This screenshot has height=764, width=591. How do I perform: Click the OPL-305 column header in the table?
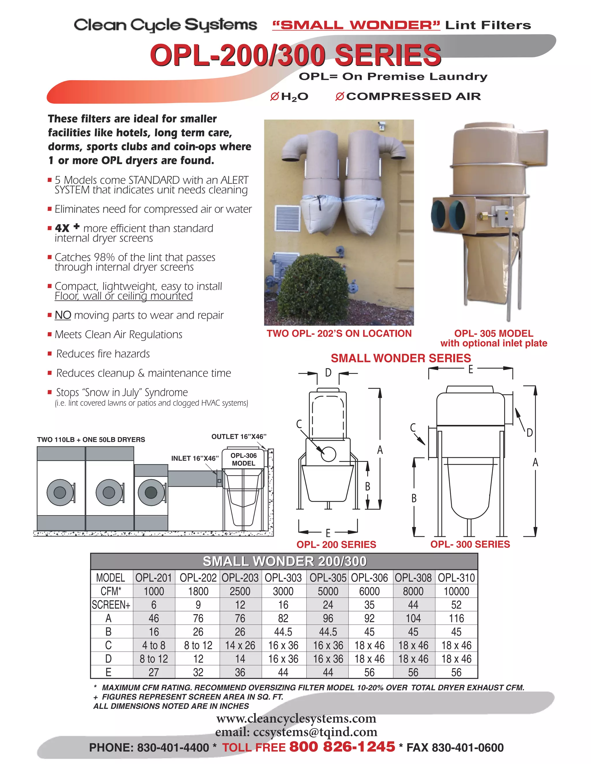pyautogui.click(x=328, y=577)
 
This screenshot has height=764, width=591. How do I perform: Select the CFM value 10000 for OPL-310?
pyautogui.click(x=456, y=591)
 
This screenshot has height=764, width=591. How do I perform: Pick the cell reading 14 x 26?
pyautogui.click(x=240, y=645)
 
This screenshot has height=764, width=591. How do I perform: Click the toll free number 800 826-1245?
pyautogui.click(x=342, y=746)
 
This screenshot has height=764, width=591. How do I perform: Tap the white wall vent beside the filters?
pyautogui.click(x=288, y=219)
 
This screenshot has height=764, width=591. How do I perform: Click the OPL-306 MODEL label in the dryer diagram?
pyautogui.click(x=243, y=459)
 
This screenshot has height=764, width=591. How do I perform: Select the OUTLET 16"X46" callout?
pyautogui.click(x=239, y=436)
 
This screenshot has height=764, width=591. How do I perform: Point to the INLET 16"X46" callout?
pyautogui.click(x=195, y=458)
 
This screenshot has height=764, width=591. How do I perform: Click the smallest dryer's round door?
pyautogui.click(x=151, y=492)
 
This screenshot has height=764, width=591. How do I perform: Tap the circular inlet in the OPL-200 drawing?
pyautogui.click(x=328, y=454)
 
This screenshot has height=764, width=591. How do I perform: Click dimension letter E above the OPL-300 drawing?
pyautogui.click(x=471, y=369)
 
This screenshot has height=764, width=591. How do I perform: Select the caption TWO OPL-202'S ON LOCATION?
pyautogui.click(x=339, y=333)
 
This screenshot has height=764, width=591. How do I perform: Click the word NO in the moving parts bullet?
pyautogui.click(x=63, y=315)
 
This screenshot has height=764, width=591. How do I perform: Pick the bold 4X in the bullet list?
pyautogui.click(x=62, y=228)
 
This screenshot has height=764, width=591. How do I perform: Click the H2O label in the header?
pyautogui.click(x=294, y=97)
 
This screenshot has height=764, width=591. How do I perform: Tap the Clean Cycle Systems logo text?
pyautogui.click(x=165, y=25)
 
